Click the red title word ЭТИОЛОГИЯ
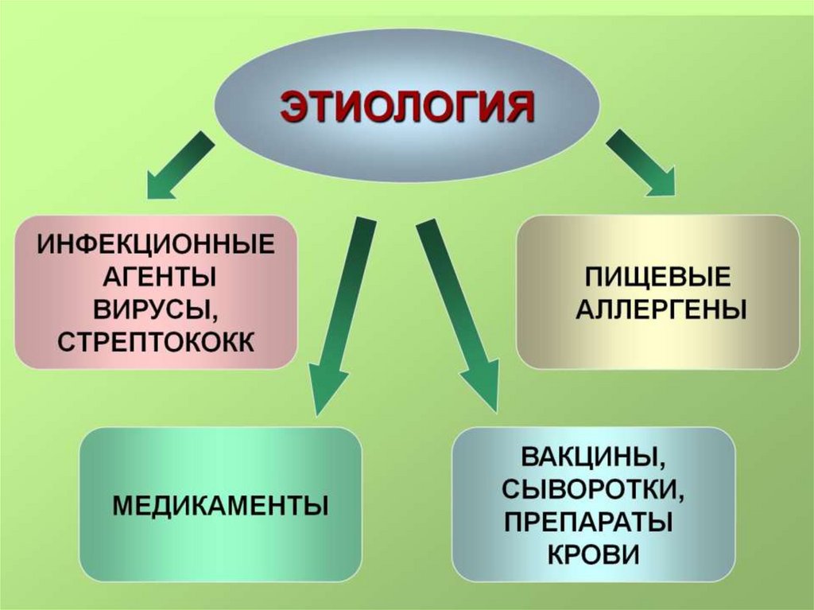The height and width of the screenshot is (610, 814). click(406, 107)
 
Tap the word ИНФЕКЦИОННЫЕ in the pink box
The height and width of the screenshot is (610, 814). click(156, 243)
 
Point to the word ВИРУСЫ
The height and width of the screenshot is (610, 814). click(156, 309)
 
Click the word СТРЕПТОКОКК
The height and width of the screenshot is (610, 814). click(156, 343)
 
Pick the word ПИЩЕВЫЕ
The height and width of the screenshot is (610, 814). click(658, 278)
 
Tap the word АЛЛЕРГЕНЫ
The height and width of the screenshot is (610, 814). click(660, 309)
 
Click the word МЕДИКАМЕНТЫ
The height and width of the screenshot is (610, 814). click(220, 504)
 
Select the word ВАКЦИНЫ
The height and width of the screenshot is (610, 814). click(593, 457)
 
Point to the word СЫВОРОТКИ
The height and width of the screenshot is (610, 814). click(593, 490)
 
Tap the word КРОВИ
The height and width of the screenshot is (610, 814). click(593, 554)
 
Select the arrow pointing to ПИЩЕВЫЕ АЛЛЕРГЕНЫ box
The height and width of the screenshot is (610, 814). click(641, 163)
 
